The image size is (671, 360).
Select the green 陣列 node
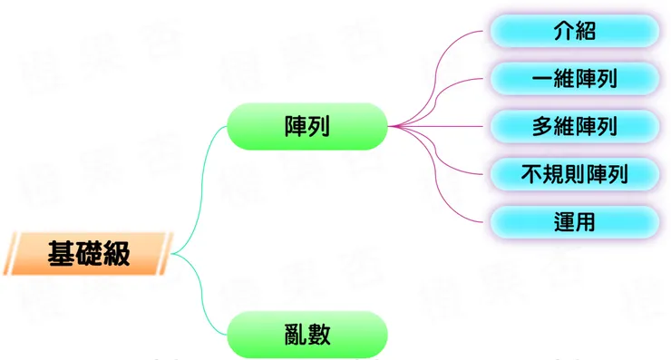point(306,126)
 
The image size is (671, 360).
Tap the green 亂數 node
point(306,335)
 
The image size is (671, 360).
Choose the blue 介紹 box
point(574,31)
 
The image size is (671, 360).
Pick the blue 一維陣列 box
point(574,78)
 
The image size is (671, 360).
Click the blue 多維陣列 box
point(574,125)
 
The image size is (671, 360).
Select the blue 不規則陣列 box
point(574,172)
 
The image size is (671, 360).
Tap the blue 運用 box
point(574,220)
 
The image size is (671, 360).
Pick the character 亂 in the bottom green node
point(295,335)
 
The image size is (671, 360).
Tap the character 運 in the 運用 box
point(563,220)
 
